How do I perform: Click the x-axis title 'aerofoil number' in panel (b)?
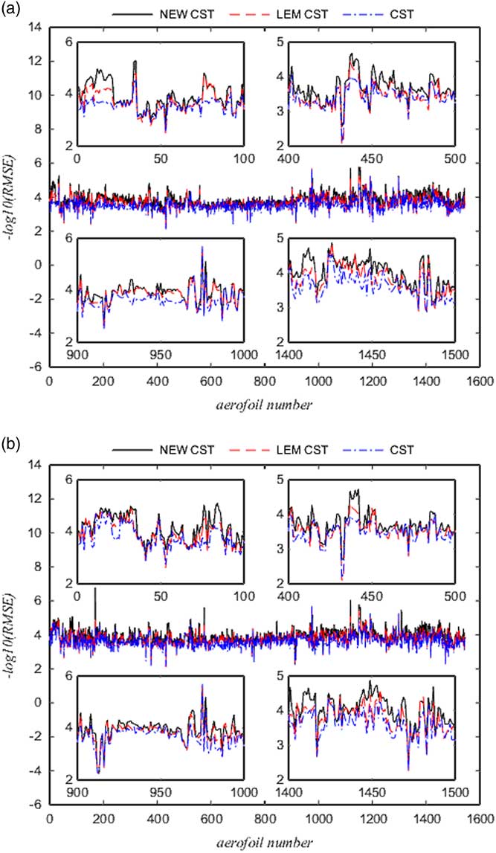tap(262, 840)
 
